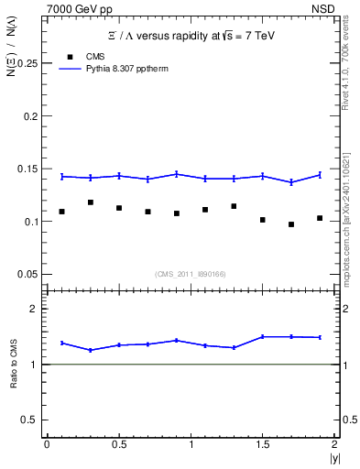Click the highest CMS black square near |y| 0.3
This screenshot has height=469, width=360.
[90, 202]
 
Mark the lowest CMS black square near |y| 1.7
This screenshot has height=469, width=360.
[291, 224]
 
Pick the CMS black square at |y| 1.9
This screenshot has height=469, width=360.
[320, 218]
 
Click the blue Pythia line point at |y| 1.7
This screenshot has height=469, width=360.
[291, 182]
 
